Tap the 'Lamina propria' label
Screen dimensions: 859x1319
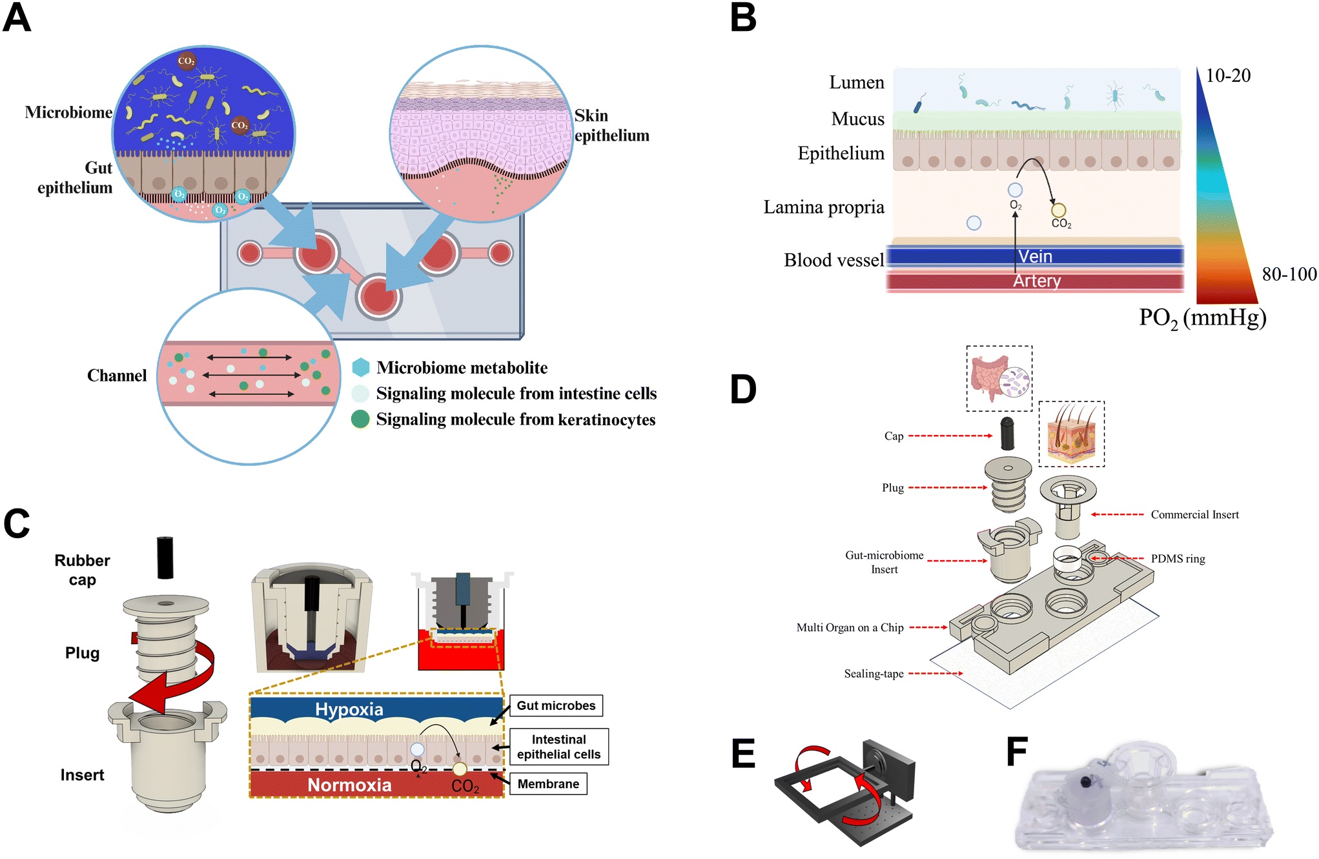coord(823,207)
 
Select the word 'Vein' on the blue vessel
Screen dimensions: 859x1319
coord(1035,256)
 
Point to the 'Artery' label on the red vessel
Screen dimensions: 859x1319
coord(1036,281)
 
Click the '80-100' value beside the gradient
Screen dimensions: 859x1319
coord(1289,274)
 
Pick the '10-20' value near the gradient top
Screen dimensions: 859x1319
coord(1228,76)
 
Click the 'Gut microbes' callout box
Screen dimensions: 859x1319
coord(556,705)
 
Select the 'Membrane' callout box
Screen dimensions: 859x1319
coord(548,783)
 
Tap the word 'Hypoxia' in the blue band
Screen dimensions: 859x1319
coord(349,709)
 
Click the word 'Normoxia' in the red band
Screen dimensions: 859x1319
coord(349,785)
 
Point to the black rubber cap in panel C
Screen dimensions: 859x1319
coord(165,558)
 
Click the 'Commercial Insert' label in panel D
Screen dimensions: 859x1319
coord(1194,514)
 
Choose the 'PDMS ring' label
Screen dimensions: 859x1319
coord(1178,559)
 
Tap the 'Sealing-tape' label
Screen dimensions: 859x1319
coord(874,674)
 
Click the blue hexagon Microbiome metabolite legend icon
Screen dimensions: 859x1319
coord(361,367)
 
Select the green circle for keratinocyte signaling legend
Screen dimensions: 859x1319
coord(360,419)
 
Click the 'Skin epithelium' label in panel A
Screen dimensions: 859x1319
coord(611,125)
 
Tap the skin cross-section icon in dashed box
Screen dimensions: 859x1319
coord(1071,434)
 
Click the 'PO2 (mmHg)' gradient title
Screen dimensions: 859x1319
coord(1202,318)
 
